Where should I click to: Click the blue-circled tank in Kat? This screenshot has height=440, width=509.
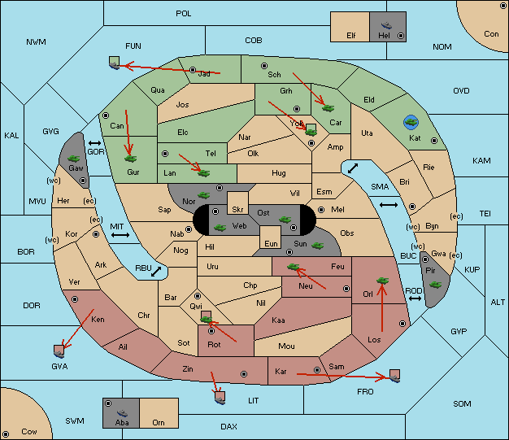click(411, 122)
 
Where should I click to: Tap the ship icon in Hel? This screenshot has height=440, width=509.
click(386, 25)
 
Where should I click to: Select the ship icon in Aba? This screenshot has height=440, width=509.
click(122, 413)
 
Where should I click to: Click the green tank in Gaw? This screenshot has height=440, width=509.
click(74, 158)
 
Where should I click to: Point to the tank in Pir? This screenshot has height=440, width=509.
click(435, 285)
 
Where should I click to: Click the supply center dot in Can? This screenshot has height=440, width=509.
click(106, 115)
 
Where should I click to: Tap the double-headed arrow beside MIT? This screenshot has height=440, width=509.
click(120, 235)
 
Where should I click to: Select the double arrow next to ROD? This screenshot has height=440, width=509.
click(415, 298)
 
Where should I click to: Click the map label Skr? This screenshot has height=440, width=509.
click(237, 210)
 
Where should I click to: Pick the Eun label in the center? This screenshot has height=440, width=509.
click(271, 243)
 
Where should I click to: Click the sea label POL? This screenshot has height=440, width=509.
click(184, 14)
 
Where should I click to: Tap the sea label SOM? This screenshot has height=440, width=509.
click(462, 403)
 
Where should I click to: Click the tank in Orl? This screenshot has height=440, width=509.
click(382, 281)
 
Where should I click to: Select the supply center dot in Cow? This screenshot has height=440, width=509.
click(6, 433)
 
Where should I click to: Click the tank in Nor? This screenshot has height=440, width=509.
click(203, 195)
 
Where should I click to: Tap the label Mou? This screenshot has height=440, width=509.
click(286, 346)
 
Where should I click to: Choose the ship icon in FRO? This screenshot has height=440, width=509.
click(394, 376)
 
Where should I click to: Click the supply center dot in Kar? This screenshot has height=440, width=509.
click(317, 370)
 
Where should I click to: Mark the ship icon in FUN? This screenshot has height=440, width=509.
click(115, 63)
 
